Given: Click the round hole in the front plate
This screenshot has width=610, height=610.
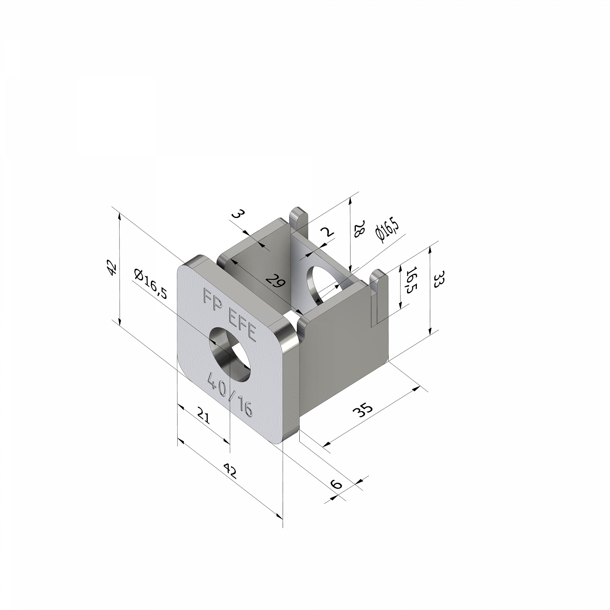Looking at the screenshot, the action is pos(230,354).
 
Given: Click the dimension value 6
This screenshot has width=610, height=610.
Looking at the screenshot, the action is pos(336,484).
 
